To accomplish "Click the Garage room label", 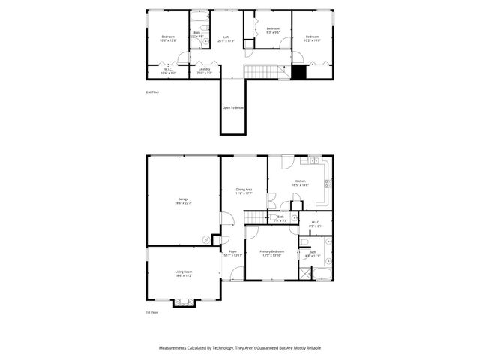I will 182,199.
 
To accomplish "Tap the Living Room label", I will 184,274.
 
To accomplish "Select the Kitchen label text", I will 300,181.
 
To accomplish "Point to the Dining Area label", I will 244,190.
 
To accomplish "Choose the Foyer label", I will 232,251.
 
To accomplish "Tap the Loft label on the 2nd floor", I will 226,37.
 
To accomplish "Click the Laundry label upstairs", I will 204,70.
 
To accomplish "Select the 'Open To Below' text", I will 233,107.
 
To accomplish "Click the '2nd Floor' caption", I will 152,91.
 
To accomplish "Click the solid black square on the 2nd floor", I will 299,72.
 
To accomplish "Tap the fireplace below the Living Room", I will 183,302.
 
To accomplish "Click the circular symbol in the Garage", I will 205,239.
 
